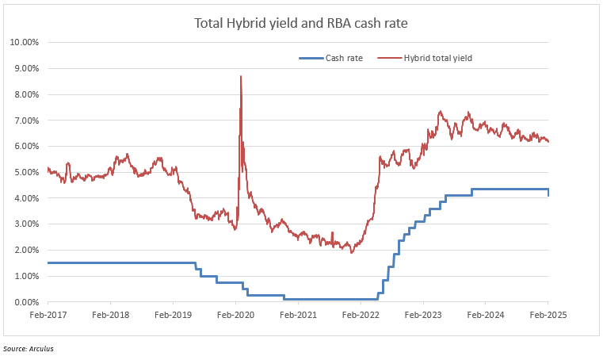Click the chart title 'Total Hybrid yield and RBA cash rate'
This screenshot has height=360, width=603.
[x=301, y=23]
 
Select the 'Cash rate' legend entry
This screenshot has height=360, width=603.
[x=344, y=58]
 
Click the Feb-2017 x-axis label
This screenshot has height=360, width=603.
[x=48, y=315]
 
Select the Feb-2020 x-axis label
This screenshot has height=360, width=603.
[x=235, y=315]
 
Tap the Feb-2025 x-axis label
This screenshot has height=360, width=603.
[x=548, y=315]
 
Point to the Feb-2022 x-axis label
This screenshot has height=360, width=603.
[x=361, y=315]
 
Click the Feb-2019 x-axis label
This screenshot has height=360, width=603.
[x=173, y=315]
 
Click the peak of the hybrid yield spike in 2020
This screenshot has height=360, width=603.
[x=240, y=76]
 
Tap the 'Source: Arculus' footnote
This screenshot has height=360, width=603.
[x=29, y=349]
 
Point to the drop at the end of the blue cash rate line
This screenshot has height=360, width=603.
[x=548, y=193]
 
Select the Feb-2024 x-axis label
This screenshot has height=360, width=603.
[x=486, y=315]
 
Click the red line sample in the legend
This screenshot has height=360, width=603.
[x=389, y=58]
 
